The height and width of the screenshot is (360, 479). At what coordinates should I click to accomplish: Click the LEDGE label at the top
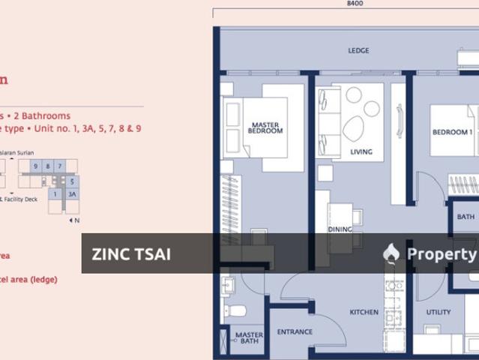click(x=358, y=51)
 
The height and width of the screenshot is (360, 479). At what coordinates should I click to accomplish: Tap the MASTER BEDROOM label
click(x=265, y=128)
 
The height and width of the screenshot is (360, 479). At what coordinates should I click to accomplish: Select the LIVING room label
click(x=361, y=152)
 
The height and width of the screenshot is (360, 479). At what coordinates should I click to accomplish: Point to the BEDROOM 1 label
click(x=452, y=133)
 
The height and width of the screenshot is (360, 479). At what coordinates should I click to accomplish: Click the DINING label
click(x=340, y=229)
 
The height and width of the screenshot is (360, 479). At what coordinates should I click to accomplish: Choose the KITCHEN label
click(x=364, y=312)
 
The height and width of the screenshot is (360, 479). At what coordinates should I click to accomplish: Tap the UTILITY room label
click(x=439, y=312)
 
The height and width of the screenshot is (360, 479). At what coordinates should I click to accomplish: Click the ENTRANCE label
click(x=295, y=331)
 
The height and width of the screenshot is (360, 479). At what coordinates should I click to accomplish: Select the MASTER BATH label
click(x=249, y=340)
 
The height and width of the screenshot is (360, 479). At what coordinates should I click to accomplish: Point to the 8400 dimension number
click(x=355, y=4)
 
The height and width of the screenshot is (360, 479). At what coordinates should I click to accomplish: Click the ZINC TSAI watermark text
click(x=131, y=254)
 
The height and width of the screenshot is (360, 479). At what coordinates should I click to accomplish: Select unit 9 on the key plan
click(x=35, y=166)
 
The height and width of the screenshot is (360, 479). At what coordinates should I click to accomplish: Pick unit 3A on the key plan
click(x=72, y=193)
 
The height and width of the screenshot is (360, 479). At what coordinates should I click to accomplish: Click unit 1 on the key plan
click(x=55, y=193)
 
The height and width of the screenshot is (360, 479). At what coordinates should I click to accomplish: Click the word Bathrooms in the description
click(x=46, y=116)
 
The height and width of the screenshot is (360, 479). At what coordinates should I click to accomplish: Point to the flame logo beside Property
click(x=391, y=253)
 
